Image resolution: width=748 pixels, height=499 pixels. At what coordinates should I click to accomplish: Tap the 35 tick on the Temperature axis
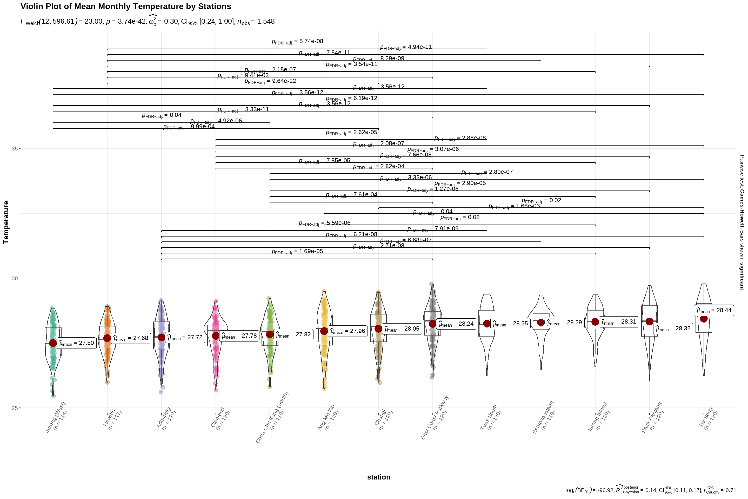click(x=15, y=149)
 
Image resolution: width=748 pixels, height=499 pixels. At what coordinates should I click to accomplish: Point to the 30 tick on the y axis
click(x=15, y=278)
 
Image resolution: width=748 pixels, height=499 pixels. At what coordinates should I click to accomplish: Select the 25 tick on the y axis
click(x=15, y=408)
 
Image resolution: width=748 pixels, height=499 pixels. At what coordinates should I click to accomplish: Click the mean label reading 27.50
click(x=77, y=343)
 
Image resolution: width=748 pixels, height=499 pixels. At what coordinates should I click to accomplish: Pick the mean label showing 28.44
click(x=714, y=310)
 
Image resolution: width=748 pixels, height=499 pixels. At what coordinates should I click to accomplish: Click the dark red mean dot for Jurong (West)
click(x=53, y=343)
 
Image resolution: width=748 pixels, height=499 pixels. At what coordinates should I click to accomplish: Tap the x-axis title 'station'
click(x=378, y=477)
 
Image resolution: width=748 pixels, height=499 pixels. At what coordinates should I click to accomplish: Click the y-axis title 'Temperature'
click(x=6, y=222)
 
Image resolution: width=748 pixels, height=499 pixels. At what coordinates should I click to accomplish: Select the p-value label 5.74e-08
click(x=297, y=42)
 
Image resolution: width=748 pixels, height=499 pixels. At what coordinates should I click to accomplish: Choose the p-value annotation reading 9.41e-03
click(x=243, y=76)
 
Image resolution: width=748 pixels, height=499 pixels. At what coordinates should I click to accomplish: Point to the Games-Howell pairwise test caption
click(x=742, y=222)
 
